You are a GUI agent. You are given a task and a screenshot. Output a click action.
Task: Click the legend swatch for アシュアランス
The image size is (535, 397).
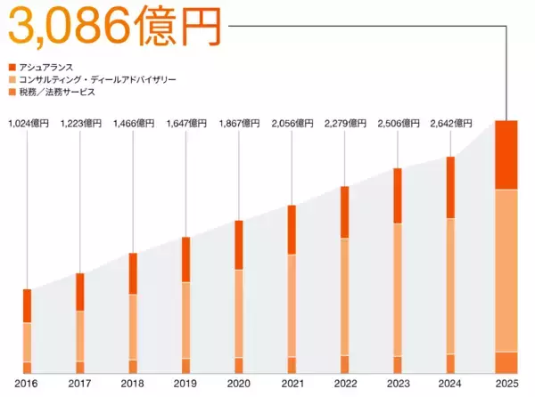coord(12,67)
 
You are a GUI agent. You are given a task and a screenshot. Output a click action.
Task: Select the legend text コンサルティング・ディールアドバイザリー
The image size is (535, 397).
coord(99,79)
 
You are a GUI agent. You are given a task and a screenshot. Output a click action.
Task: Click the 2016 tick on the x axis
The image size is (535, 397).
coord(27,385)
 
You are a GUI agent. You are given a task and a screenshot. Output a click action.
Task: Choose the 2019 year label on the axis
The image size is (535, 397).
coord(185,385)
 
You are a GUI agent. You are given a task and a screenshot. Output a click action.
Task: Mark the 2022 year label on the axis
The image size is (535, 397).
coord(344,385)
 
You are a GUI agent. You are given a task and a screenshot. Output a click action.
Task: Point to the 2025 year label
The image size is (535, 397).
coord(506,385)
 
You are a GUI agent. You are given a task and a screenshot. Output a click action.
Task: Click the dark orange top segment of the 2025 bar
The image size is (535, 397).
coord(506,154)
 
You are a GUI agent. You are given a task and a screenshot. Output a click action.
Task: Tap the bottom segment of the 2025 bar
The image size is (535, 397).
coord(506,362)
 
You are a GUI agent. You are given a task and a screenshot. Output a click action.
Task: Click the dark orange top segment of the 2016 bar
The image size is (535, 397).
coord(27,305)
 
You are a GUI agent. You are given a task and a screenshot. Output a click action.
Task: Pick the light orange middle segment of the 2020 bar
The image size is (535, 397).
coord(238,313)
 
